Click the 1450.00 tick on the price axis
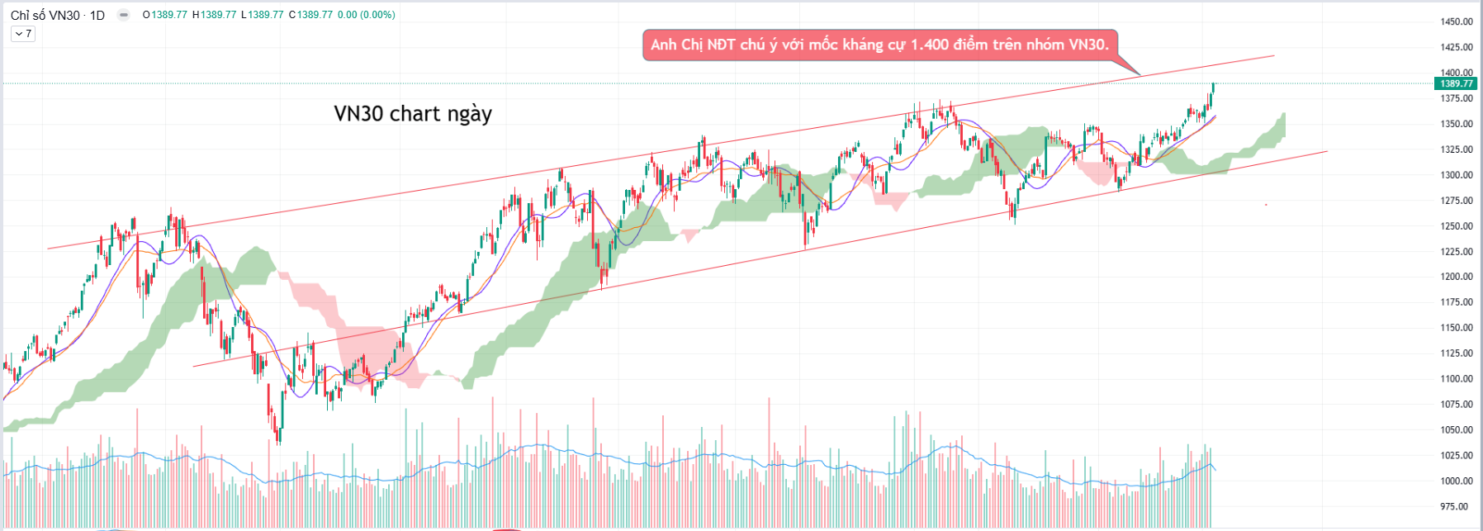(x=1457, y=21)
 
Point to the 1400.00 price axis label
(x=1457, y=73)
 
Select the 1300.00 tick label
(x=1457, y=175)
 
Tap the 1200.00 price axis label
(x=1457, y=277)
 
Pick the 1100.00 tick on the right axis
(x=1457, y=379)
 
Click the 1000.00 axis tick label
(x=1457, y=481)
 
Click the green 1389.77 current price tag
(x=1457, y=83)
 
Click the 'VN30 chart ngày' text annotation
(x=413, y=113)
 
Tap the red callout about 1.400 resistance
(x=879, y=45)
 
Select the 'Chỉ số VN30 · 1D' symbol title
(x=58, y=15)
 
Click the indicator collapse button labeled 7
(x=23, y=34)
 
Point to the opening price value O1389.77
(x=165, y=15)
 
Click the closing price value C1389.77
(x=310, y=15)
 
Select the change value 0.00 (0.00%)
(x=366, y=15)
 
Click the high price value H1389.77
(x=214, y=15)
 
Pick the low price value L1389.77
(x=263, y=15)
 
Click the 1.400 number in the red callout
(x=929, y=45)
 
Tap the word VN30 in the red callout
(x=1087, y=45)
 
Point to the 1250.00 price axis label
(x=1457, y=226)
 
